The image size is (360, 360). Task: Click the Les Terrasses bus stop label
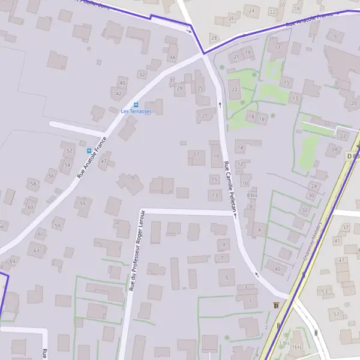136,112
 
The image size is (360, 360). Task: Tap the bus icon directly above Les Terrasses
136,104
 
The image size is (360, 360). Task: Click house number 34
172,58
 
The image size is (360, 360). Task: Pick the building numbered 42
118,94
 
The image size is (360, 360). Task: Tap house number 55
83,204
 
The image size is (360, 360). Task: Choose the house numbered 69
12,260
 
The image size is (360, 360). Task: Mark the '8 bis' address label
253,196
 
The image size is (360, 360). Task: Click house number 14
240,148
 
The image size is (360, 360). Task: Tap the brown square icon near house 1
275,305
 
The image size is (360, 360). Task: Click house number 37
345,228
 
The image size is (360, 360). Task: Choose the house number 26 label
232,19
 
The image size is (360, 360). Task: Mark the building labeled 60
30,207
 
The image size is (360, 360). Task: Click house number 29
179,89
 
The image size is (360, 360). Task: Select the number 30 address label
311,196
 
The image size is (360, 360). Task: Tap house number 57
337,314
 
